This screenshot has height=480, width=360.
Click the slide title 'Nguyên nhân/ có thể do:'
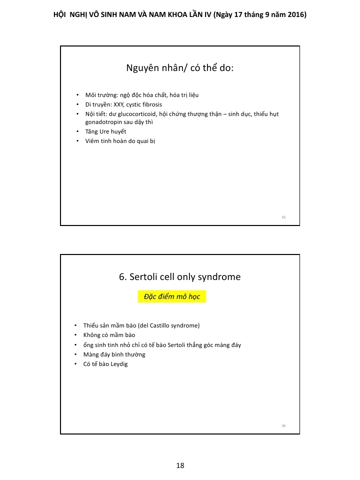pos(180,68)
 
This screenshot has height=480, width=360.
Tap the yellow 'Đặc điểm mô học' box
pos(172,296)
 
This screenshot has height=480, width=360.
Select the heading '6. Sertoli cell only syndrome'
pos(180,276)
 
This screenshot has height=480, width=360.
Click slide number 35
pos(283,217)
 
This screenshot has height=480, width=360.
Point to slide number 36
pos(283,425)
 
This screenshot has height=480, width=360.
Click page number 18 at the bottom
pos(180,465)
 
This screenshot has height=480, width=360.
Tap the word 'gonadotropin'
pos(102,121)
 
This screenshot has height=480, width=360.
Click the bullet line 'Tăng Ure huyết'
pos(105,131)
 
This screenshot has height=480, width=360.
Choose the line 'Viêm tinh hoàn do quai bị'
pos(120,141)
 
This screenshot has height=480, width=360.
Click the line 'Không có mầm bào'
pos(109,335)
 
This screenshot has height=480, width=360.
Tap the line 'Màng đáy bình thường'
pos(114,354)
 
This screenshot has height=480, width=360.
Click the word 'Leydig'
pos(118,364)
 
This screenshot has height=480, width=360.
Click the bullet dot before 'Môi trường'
pos(77,95)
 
